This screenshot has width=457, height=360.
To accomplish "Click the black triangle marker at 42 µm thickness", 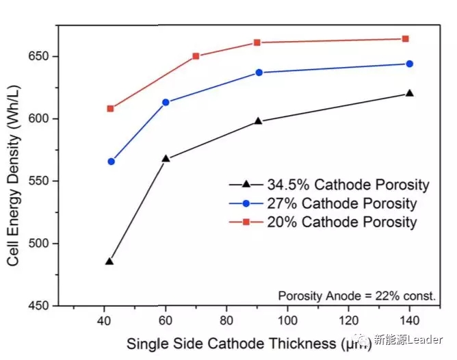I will (x=109, y=261).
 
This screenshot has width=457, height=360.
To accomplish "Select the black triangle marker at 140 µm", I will (x=409, y=93).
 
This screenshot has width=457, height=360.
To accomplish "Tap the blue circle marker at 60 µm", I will (x=166, y=102).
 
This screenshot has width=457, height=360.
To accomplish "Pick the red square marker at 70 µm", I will (x=196, y=56).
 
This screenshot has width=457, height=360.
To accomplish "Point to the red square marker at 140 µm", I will (x=405, y=39).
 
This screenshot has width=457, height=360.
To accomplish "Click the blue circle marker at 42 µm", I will (x=111, y=162).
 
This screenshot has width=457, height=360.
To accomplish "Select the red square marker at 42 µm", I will (x=110, y=108).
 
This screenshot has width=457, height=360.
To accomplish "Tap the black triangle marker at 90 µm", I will (x=258, y=121).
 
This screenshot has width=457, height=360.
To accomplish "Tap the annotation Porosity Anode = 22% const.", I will (x=356, y=296).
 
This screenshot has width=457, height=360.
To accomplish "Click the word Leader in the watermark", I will (x=426, y=340).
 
